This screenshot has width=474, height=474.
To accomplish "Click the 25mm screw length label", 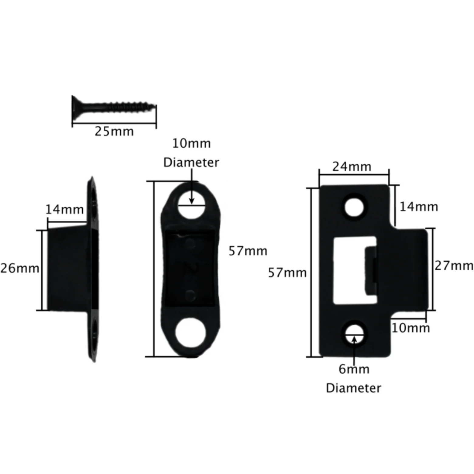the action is (114, 131).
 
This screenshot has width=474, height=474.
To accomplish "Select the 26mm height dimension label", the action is (20, 268).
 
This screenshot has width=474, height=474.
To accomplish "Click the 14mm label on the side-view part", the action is (64, 209).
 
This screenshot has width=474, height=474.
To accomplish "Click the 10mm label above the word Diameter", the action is (191, 143).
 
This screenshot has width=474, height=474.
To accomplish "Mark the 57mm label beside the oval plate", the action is (248, 251).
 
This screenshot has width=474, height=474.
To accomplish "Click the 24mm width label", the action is (352, 167).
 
